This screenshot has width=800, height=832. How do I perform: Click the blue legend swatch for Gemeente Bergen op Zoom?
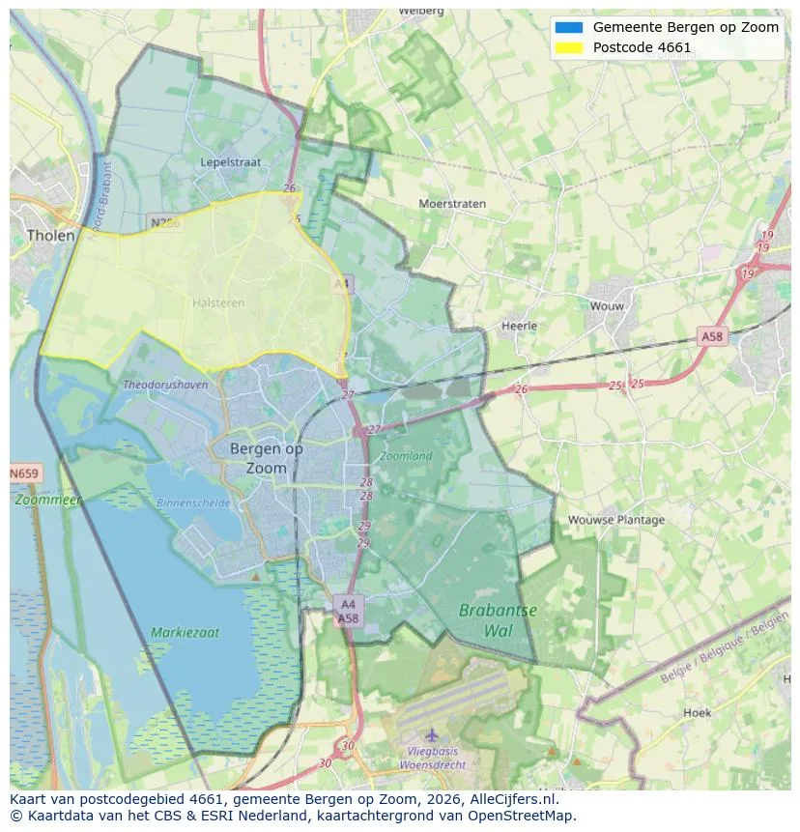point(569,27)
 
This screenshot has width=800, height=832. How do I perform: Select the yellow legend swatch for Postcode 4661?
point(569,47)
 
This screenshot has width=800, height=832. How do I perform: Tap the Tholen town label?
point(50,235)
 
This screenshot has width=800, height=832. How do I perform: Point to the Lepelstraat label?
point(230,162)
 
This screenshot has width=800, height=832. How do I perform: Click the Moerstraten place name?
point(452,204)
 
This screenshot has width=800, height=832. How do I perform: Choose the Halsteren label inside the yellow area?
point(218,302)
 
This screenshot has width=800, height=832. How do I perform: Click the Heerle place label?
point(519,326)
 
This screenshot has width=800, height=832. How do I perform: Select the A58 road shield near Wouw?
point(711,336)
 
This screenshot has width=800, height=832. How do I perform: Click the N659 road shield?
point(24,473)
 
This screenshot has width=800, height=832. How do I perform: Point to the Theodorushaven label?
point(165,384)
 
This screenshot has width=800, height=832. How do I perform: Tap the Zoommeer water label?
point(47,501)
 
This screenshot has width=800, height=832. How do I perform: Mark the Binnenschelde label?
point(193,502)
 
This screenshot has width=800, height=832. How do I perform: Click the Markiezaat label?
point(185,633)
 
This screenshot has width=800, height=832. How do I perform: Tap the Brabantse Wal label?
point(498,620)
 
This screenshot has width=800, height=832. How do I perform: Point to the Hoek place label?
point(697,712)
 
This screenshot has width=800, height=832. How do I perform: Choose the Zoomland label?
point(406,455)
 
